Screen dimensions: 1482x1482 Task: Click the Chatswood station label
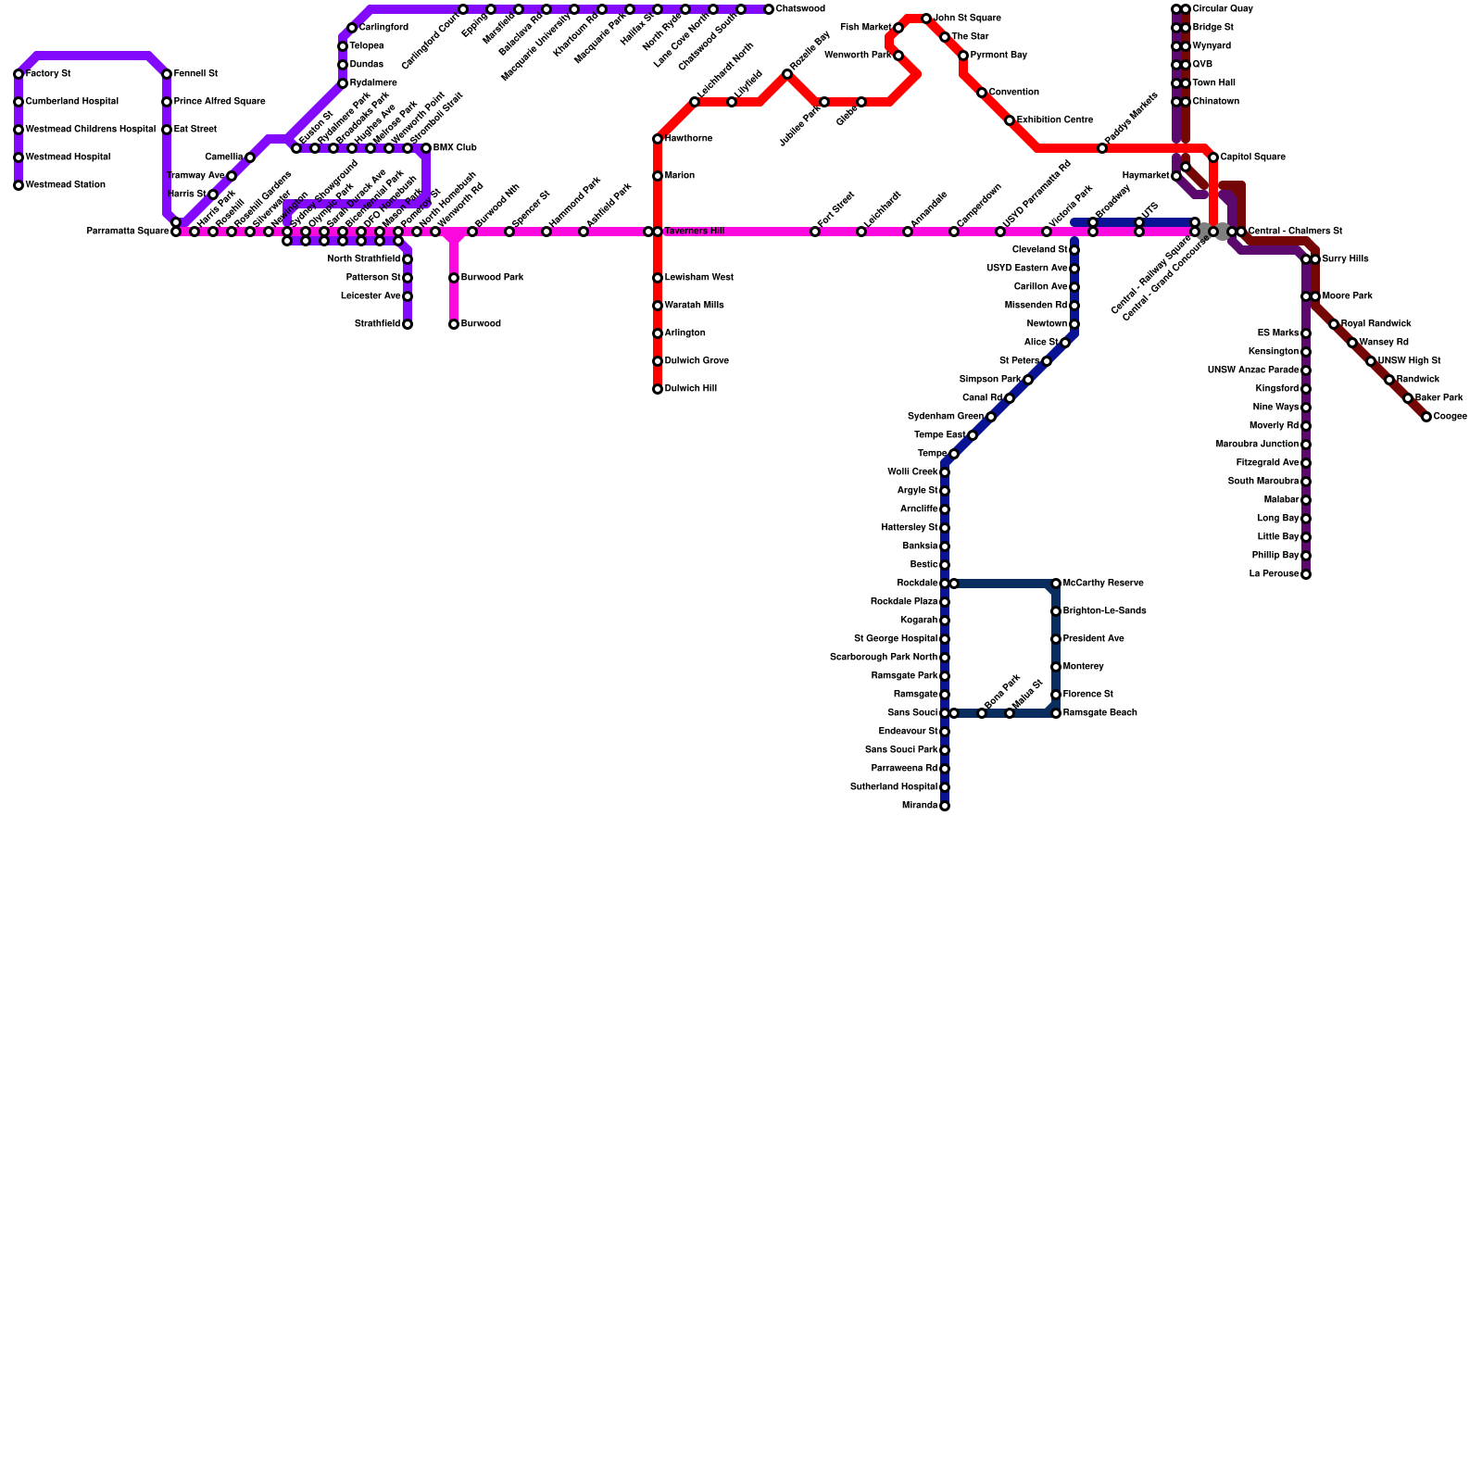800,9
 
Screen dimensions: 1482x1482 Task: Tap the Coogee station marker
1426,417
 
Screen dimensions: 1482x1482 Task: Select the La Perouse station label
1274,574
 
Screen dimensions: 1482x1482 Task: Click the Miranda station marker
945,806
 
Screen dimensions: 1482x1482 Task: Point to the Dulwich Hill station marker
658,389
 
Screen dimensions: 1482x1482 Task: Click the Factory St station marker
19,74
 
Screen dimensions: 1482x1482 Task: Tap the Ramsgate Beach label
1099,713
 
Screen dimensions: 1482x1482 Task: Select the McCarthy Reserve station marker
1056,584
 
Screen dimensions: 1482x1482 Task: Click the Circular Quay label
1223,9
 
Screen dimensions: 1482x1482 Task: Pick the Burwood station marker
454,324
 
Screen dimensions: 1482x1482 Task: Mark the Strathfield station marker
408,324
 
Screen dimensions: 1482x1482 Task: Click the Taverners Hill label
694,232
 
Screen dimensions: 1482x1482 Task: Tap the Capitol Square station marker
1213,157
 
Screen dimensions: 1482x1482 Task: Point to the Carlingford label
383,28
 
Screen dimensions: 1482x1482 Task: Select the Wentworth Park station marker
898,56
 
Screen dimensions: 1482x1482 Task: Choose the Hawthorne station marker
658,139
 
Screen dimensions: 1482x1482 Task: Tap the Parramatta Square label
128,232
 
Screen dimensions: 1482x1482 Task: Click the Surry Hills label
1345,259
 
